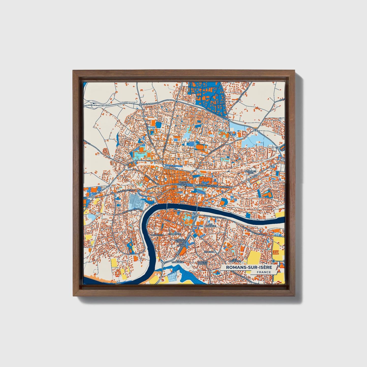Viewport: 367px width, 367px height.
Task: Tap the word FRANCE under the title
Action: pos(264,272)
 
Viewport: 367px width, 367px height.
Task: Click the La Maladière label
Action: pos(178,262)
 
